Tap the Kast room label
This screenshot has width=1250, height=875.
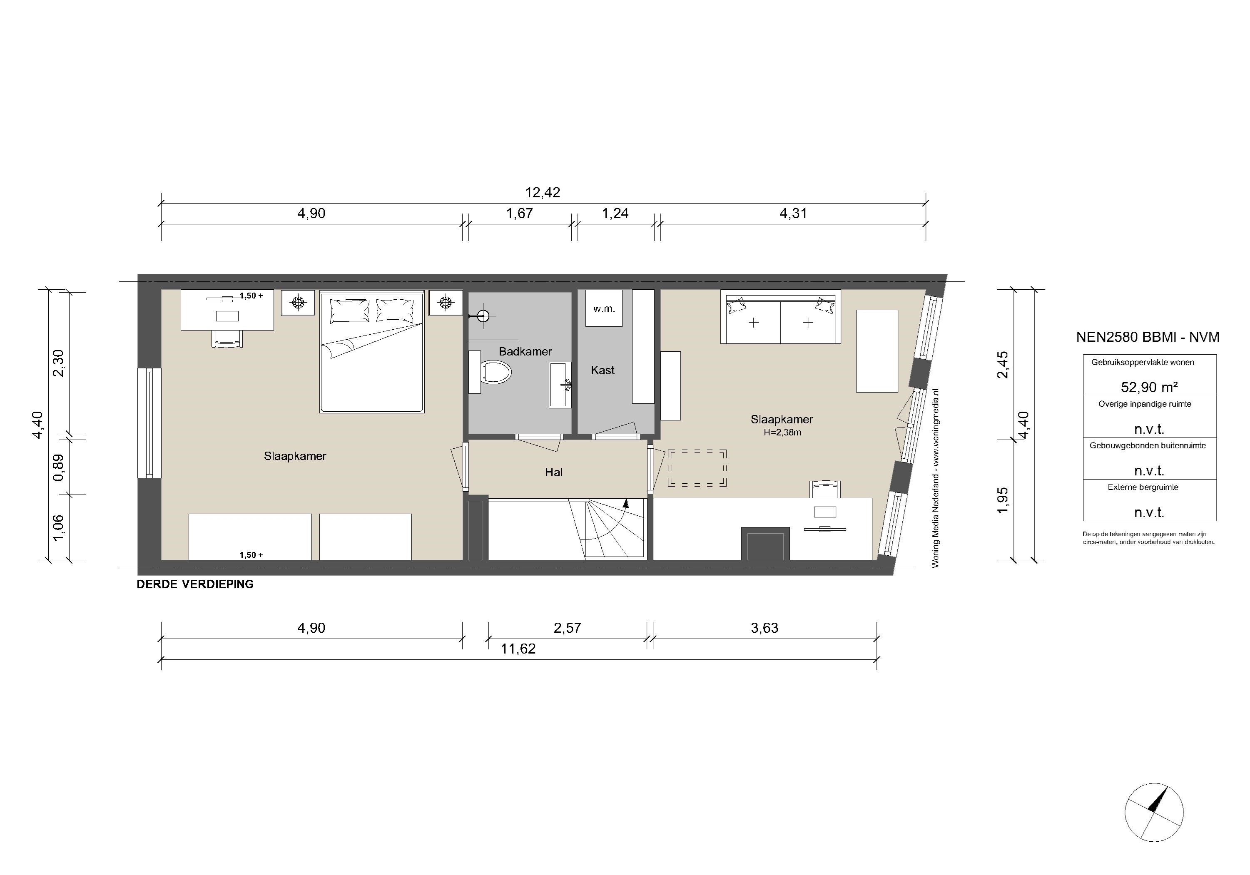coord(603,370)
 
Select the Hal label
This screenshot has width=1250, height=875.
coord(554,472)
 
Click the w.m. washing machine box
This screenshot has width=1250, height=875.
coord(604,308)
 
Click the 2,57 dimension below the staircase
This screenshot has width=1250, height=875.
coord(567,628)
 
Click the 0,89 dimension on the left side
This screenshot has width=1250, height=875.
coord(58,467)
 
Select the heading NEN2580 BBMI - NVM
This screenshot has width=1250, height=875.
coord(1148,337)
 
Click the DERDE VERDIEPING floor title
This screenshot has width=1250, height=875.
coord(195,584)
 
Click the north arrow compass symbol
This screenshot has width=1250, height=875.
coord(1154,828)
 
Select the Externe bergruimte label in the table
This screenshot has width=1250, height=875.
coord(1143,487)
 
